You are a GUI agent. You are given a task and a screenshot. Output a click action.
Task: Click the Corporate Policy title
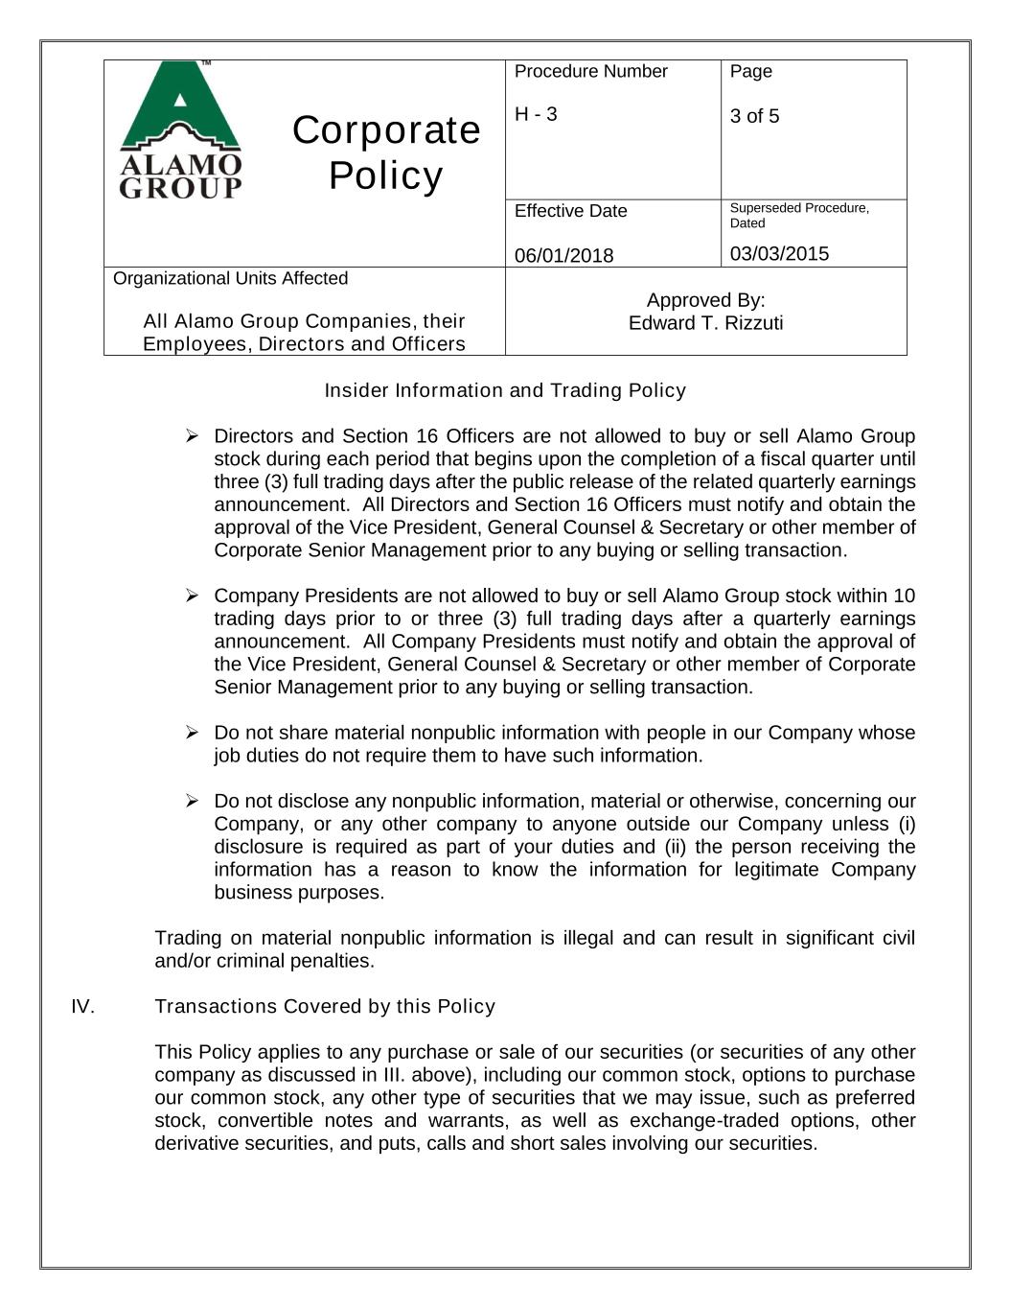point(385,152)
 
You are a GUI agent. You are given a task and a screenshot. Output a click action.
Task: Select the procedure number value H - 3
point(536,114)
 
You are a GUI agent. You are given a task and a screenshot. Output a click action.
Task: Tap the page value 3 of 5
point(754,116)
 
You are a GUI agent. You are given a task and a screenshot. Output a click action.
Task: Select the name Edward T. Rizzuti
point(705,323)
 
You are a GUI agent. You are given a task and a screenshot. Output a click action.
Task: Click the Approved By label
point(705,300)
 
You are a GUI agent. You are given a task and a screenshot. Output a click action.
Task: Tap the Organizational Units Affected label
point(230,278)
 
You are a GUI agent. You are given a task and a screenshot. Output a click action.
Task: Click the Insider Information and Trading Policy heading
point(505,390)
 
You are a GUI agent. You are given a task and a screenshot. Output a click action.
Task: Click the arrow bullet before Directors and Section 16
point(192,436)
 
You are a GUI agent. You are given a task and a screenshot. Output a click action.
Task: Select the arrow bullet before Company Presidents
point(192,596)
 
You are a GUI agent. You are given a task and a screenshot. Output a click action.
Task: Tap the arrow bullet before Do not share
point(192,734)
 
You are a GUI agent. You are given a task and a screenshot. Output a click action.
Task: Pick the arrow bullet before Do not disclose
point(192,802)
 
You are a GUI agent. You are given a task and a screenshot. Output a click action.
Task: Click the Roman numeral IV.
point(82,1006)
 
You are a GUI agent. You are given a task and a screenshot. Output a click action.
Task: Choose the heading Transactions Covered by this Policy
point(325,1006)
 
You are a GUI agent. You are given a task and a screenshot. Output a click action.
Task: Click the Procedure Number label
point(590,72)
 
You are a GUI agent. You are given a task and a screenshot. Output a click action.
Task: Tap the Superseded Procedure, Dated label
point(798,215)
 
